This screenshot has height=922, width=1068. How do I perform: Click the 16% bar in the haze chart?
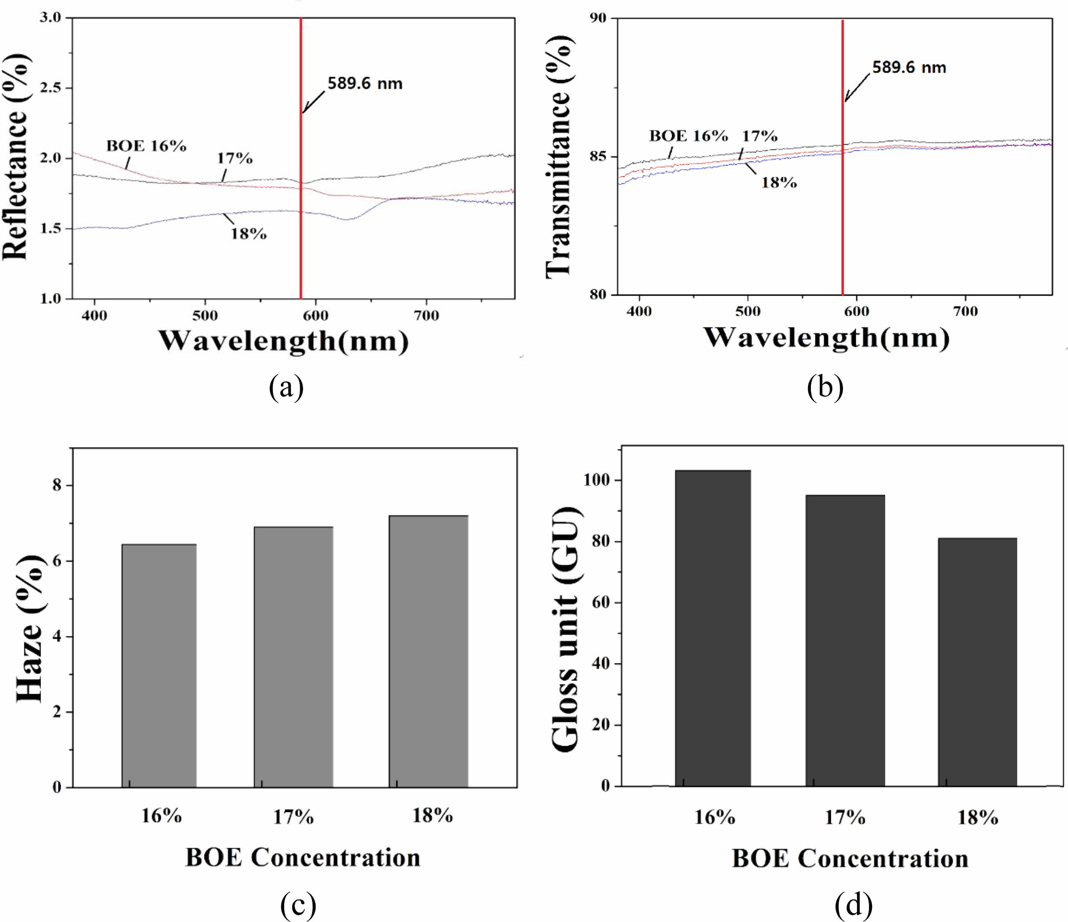[159, 665]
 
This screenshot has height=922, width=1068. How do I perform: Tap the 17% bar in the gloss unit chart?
[845, 640]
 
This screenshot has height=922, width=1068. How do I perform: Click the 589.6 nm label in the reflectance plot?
[365, 83]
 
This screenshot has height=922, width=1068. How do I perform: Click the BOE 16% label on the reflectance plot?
[146, 147]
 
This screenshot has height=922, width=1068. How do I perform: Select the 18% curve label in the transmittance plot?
[779, 182]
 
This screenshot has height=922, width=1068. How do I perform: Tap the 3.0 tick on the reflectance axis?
[50, 18]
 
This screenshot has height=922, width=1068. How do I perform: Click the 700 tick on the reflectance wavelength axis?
[426, 316]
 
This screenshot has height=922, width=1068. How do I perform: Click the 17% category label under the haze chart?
[293, 817]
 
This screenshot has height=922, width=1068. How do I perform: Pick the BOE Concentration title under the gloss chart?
[850, 859]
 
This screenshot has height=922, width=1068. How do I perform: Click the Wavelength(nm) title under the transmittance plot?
[826, 338]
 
